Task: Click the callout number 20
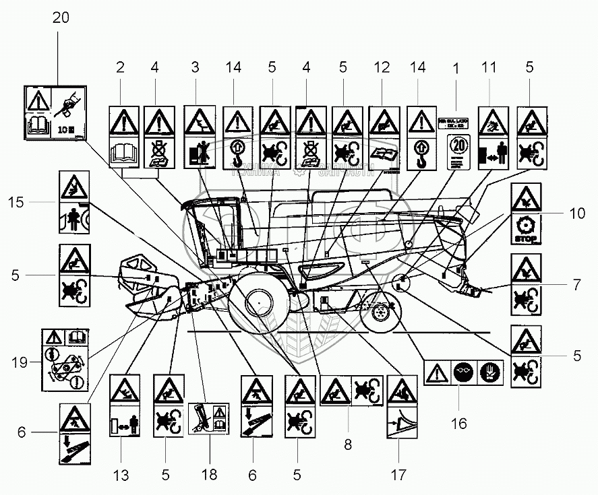click(x=60, y=19)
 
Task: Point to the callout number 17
click(x=398, y=474)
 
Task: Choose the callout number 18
click(x=208, y=474)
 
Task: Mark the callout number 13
click(x=120, y=474)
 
